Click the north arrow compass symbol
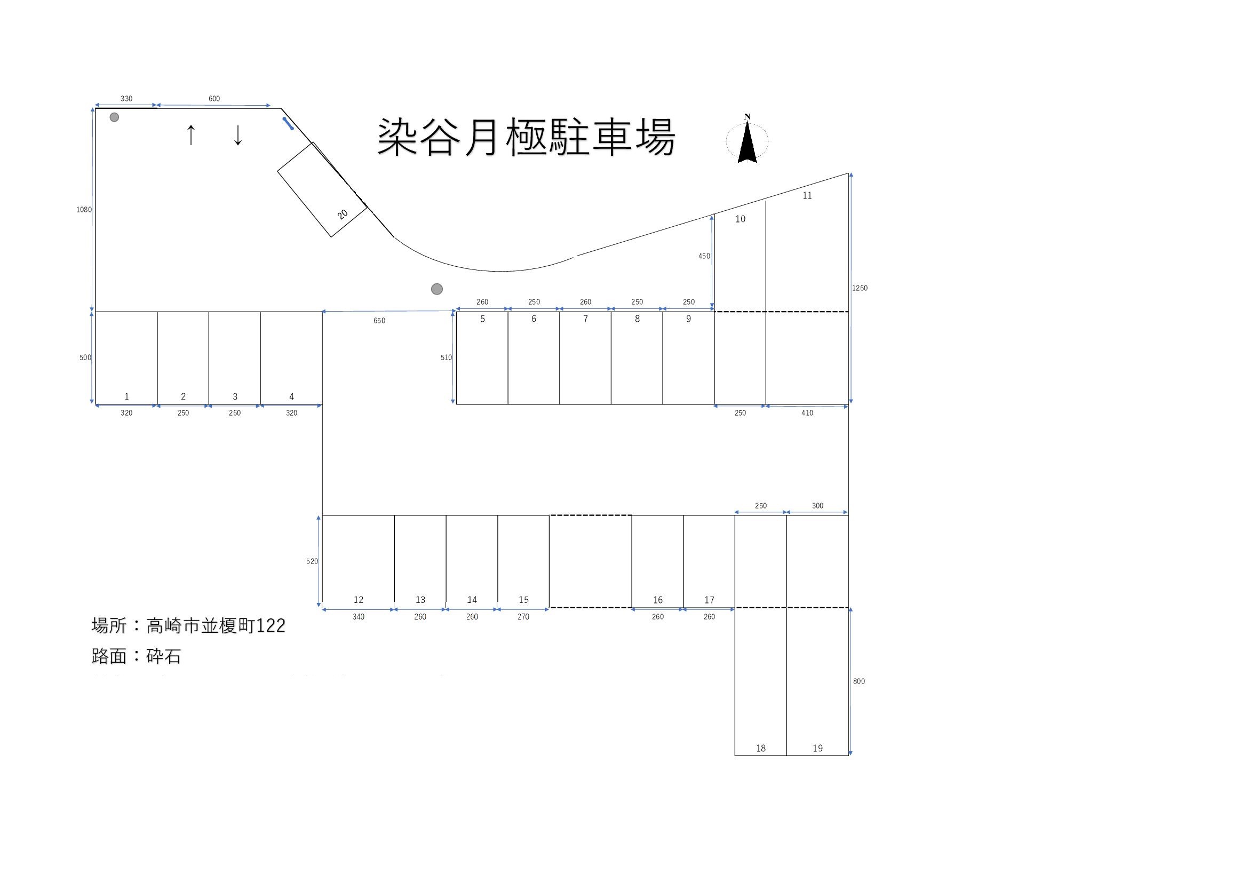pos(748,140)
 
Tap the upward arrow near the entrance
pos(190,135)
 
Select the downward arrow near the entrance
pos(237,136)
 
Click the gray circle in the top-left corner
pos(114,117)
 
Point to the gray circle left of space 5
pos(436,289)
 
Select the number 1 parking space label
pos(126,396)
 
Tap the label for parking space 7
pos(585,319)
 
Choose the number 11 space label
pos(807,196)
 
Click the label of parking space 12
pos(358,600)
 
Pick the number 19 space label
pos(817,748)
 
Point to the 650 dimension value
pos(379,321)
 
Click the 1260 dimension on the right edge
pos(860,288)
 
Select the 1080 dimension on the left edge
pos(84,210)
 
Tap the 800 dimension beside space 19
pos(859,681)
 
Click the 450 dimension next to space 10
pos(704,256)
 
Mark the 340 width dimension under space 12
pos(358,617)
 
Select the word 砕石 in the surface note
pos(164,656)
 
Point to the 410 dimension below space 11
pos(807,413)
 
